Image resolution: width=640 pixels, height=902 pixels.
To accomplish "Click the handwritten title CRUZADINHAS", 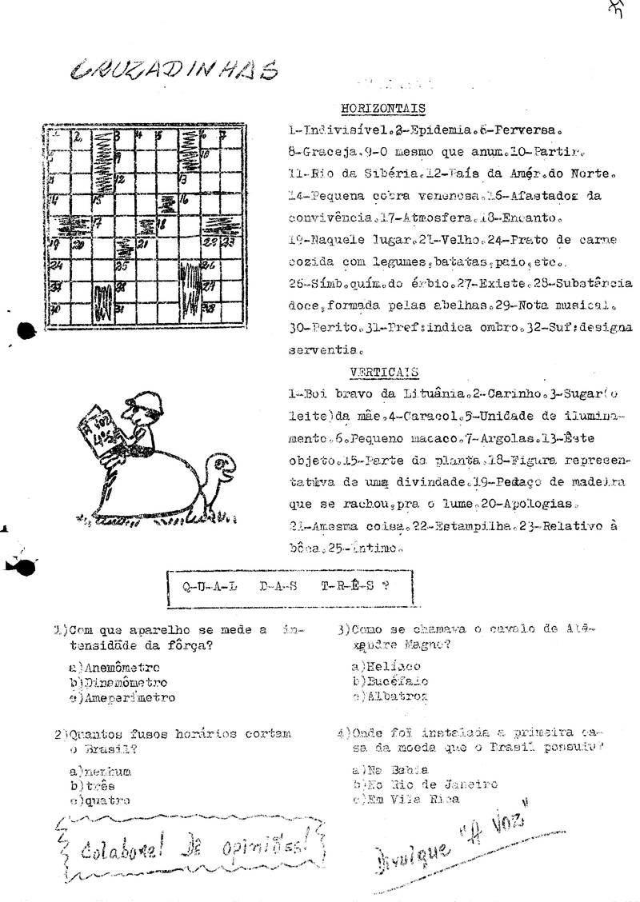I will coord(174,71).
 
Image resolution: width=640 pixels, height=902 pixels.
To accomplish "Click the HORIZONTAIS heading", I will coord(382,108).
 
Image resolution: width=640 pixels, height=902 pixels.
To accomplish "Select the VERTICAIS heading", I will coord(384,372).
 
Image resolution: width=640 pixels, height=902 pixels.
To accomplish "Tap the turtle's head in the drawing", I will coord(220,470).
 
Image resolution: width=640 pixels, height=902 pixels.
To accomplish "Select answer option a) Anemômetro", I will coord(115,667).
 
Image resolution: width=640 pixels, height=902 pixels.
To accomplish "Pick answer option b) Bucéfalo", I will coord(390,681).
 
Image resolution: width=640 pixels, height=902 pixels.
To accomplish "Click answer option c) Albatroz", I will coord(390,696).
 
